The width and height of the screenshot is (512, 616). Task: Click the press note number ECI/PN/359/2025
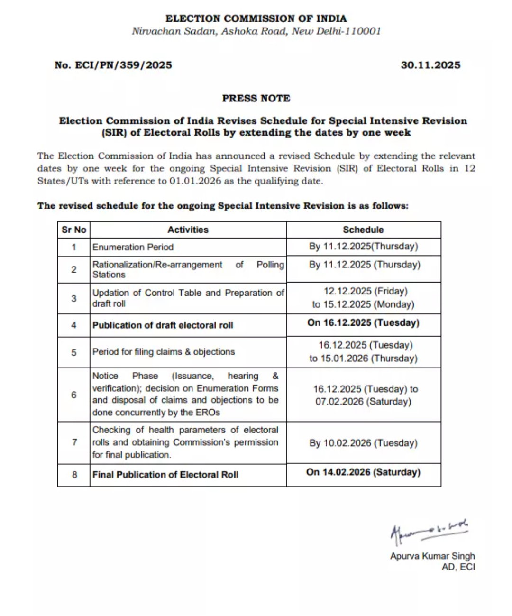click(113, 65)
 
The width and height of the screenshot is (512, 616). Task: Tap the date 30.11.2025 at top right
click(430, 65)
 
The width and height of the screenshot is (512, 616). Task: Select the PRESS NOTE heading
click(256, 98)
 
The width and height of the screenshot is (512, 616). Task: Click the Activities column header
click(188, 230)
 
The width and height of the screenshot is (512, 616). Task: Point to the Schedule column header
click(363, 230)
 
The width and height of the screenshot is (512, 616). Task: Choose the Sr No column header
click(74, 230)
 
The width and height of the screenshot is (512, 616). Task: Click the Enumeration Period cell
click(133, 247)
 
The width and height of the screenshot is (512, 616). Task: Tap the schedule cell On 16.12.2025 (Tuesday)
click(363, 323)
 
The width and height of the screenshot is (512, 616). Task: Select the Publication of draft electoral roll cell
click(163, 325)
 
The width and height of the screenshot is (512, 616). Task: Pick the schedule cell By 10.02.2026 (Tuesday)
click(363, 443)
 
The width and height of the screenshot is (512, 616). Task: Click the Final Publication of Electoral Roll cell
click(165, 475)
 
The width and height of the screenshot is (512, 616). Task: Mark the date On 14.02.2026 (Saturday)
click(363, 472)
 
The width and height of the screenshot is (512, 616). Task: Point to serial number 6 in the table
click(74, 395)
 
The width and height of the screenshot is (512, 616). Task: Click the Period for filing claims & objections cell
click(164, 352)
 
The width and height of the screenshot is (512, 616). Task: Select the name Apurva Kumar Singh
click(432, 556)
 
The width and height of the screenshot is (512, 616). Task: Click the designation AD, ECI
click(458, 567)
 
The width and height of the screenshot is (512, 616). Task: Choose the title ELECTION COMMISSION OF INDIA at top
click(256, 19)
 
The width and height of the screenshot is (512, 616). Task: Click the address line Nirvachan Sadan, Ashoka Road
click(256, 31)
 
